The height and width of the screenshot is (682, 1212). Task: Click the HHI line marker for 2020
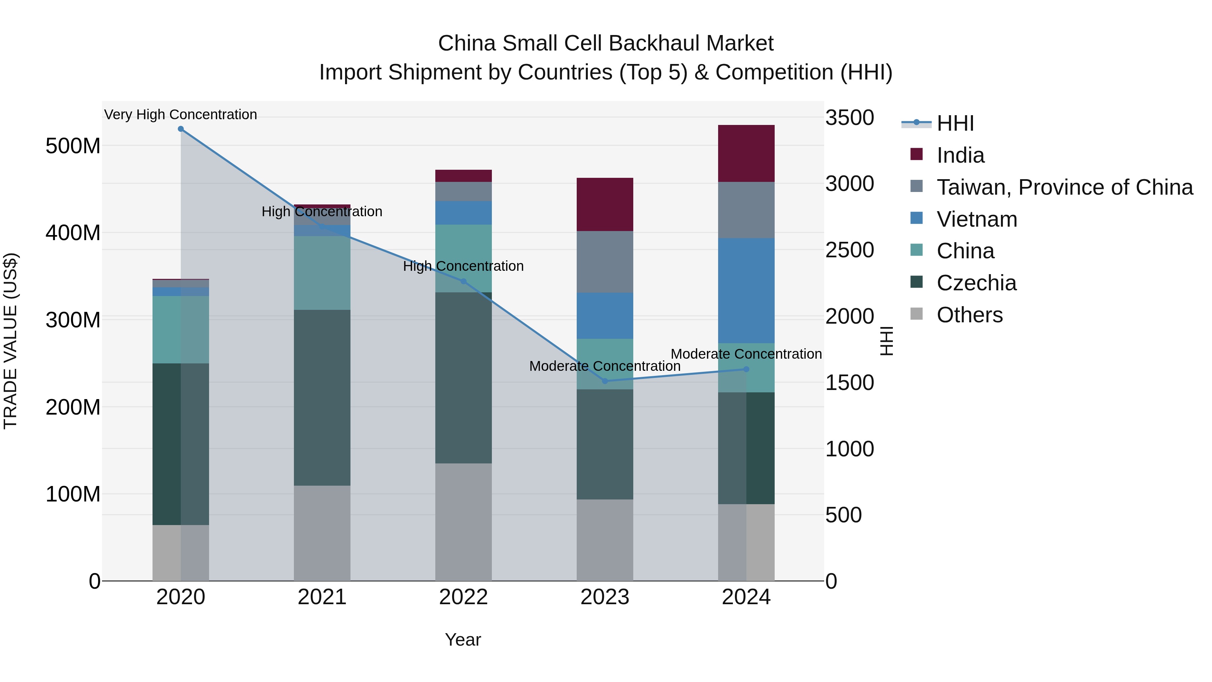point(181,129)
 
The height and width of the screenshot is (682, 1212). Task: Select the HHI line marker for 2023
point(605,381)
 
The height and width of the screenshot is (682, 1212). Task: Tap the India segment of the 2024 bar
point(746,154)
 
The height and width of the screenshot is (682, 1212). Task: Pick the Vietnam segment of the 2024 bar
point(746,290)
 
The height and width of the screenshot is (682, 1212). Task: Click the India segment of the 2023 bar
point(605,204)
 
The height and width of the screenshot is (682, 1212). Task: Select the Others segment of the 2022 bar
point(464,522)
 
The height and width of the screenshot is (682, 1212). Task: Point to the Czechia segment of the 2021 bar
point(322,398)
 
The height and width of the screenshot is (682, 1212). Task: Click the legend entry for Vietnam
point(977,219)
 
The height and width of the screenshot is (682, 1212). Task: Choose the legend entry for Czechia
point(976,283)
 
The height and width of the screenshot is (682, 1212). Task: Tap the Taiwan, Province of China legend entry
point(1064,187)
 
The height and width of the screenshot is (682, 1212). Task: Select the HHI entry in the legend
point(955,123)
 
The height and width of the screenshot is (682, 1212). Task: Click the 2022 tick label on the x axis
point(464,597)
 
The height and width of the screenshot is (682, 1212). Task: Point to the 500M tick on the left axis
point(73,146)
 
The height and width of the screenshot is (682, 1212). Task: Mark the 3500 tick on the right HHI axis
point(850,118)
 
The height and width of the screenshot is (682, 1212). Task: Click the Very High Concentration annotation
point(181,115)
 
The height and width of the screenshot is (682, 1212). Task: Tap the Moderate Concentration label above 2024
point(746,354)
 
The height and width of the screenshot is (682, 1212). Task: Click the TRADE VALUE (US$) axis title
point(10,341)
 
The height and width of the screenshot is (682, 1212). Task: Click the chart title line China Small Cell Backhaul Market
point(606,43)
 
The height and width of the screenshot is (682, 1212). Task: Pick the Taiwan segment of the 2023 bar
point(605,262)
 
